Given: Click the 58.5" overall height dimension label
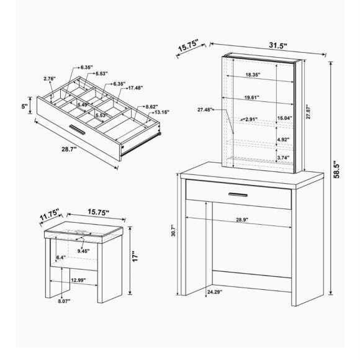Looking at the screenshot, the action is [336, 169].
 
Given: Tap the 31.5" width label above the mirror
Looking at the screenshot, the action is [278, 46].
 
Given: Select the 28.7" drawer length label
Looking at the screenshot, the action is [69, 149].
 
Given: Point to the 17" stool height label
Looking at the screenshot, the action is [135, 257].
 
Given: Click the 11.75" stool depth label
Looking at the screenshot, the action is [50, 214].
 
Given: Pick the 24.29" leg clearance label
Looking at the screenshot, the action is [215, 292].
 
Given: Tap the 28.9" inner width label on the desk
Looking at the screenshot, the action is [243, 220].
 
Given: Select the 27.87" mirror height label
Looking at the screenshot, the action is [308, 112].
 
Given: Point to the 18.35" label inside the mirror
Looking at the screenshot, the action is [253, 74].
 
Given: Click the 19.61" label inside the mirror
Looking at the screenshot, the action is [251, 97].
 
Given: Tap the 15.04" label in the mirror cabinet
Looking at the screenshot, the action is [284, 118].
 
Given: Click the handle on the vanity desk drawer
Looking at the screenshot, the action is [238, 195].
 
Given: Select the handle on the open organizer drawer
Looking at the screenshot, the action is [78, 129].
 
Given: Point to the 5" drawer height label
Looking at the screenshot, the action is [25, 106].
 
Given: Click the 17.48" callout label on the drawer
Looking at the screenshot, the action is [135, 88].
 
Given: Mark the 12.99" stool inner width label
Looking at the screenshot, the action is [78, 280].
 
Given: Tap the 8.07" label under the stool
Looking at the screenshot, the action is [64, 301].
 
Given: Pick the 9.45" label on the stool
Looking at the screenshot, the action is [83, 251].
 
